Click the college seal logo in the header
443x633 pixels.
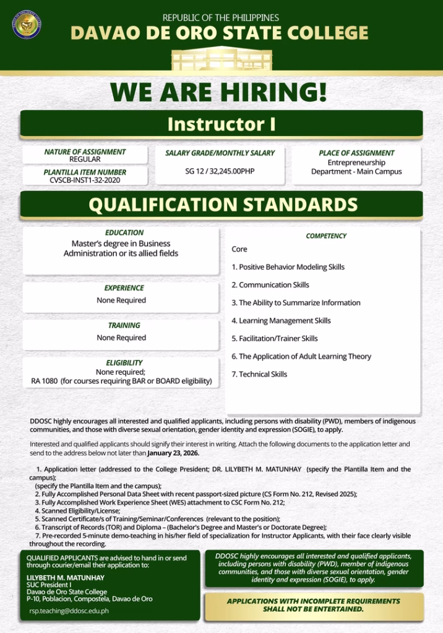pos(26,25)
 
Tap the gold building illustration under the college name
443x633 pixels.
pos(221,59)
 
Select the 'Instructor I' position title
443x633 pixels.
pos(222,124)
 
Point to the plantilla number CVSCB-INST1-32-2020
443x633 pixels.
pos(85,181)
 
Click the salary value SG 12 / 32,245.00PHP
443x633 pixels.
pos(220,171)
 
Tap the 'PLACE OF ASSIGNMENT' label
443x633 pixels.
pos(356,153)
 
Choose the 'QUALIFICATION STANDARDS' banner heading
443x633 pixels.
pos(222,205)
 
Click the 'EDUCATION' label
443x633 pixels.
pos(124,233)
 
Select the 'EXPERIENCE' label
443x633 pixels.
pos(124,288)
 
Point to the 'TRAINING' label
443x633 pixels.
pos(124,325)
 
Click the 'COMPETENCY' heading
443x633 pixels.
pos(326,236)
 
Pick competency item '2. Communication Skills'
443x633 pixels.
pos(270,285)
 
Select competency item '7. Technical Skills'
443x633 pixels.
pos(259,374)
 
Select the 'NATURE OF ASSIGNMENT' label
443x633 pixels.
pos(85,152)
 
